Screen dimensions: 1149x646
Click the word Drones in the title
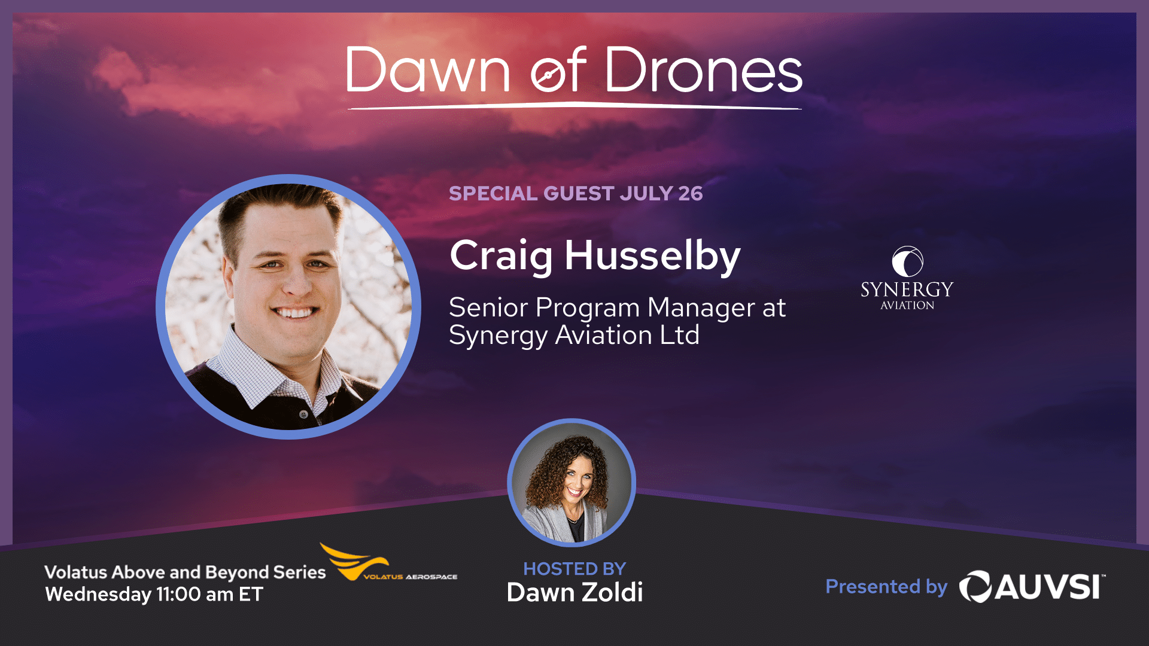tap(704, 70)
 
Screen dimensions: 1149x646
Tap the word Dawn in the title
tap(428, 70)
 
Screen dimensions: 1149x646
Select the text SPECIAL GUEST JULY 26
tap(576, 193)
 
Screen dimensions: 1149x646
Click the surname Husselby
tap(653, 256)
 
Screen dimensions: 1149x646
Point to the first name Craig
tap(501, 256)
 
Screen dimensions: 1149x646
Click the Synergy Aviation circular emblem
tap(907, 262)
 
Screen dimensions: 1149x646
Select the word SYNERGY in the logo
tap(907, 290)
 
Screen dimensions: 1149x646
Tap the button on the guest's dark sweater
tap(304, 414)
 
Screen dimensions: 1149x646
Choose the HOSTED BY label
tap(574, 568)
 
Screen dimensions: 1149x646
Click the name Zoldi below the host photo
tap(612, 592)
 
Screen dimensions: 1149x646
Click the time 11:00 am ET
tap(210, 595)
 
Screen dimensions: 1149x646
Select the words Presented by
tap(886, 587)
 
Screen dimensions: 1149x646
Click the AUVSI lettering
tap(1050, 587)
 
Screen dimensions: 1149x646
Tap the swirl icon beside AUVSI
tap(975, 587)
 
